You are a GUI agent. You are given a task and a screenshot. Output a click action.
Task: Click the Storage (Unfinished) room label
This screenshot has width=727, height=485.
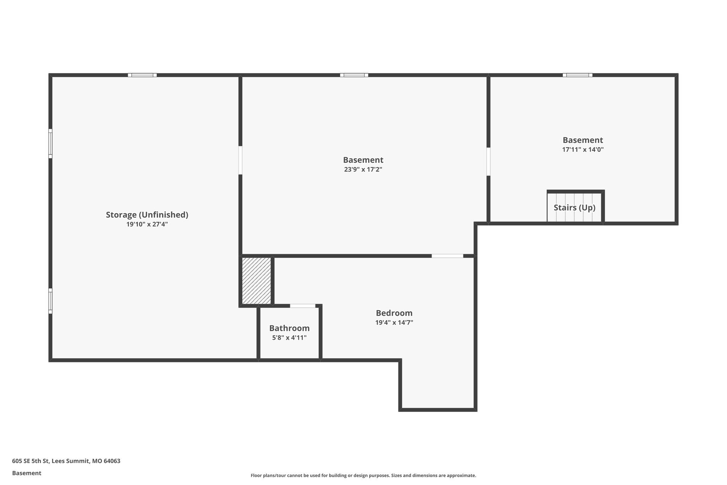(x=147, y=215)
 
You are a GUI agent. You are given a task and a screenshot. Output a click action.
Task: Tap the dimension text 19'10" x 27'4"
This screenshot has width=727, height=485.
(x=147, y=224)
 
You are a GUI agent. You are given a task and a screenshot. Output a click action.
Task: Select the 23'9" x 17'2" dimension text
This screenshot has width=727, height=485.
(x=363, y=169)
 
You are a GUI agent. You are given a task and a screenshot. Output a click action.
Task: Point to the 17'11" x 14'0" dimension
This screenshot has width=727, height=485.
(x=583, y=150)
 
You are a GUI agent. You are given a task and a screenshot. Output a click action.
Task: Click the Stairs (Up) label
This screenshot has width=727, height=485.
(x=574, y=208)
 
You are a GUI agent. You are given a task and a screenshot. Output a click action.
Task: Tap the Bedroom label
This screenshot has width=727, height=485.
(x=394, y=313)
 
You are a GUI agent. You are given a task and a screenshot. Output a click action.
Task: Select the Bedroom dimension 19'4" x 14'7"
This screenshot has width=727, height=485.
(x=394, y=323)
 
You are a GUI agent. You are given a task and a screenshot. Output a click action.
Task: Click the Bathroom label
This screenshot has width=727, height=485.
(x=289, y=328)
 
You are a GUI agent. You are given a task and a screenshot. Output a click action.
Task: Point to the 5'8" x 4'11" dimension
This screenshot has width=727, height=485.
(x=289, y=338)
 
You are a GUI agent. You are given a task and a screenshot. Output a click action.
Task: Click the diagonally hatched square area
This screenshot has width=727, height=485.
(x=257, y=281)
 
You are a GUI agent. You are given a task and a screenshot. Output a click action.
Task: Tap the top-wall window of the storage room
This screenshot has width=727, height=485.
(x=142, y=75)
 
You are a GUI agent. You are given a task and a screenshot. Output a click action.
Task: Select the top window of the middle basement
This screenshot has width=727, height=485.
(x=354, y=75)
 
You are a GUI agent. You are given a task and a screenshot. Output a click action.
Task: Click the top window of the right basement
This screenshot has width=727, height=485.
(x=577, y=75)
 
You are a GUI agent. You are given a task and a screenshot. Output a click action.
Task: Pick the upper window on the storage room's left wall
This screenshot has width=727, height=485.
(x=50, y=144)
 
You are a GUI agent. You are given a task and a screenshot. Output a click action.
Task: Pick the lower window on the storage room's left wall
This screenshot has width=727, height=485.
(x=50, y=301)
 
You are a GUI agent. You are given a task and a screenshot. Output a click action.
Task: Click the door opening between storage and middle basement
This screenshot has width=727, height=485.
(x=240, y=160)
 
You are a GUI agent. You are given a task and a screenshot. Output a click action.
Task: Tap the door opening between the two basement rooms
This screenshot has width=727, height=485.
(x=488, y=162)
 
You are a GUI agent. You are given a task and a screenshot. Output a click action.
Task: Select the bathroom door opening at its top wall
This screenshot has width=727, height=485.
(x=302, y=306)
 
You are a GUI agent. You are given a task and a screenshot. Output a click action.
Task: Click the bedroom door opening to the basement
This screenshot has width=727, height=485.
(x=447, y=256)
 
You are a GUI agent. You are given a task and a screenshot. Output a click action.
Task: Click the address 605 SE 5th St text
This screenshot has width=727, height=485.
(x=66, y=461)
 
